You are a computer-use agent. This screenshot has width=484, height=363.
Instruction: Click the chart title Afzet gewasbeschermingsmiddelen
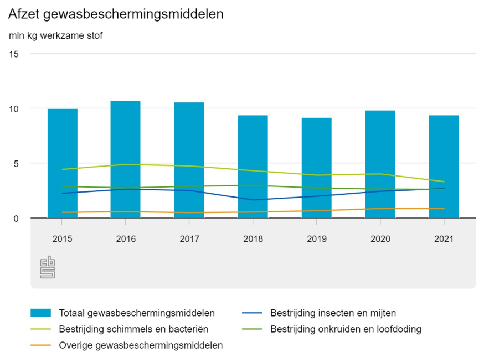click(x=116, y=14)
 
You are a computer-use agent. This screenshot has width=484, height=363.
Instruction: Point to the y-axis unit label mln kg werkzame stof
click(x=55, y=36)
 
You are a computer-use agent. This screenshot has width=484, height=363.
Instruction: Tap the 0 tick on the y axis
click(x=16, y=218)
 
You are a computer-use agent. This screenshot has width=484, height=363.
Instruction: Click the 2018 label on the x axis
click(x=253, y=239)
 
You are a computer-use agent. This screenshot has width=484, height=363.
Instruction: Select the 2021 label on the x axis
click(x=444, y=239)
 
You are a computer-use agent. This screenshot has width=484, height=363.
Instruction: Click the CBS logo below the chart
click(x=48, y=268)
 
